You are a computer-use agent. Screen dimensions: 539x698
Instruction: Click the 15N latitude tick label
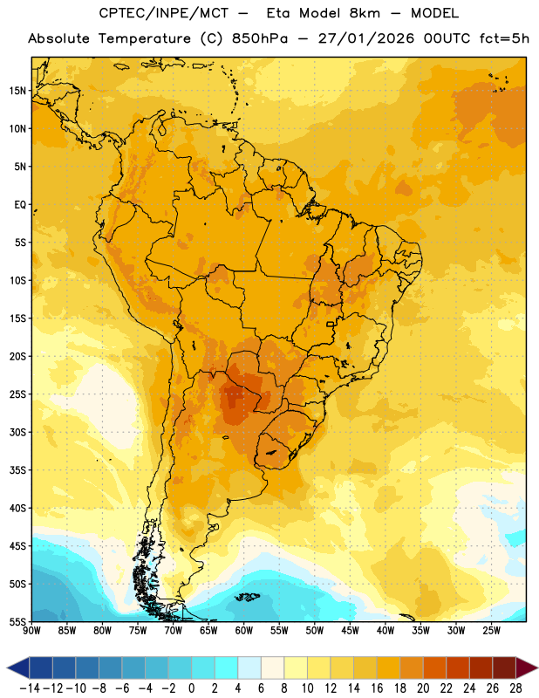[x=17, y=91]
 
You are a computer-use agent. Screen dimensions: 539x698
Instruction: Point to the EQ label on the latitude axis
[x=20, y=205]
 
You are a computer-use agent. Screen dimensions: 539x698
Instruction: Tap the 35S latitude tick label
[x=17, y=470]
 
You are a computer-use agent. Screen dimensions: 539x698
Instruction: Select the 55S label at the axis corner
[x=17, y=622]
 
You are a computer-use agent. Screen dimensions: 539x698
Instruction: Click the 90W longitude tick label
[x=31, y=631]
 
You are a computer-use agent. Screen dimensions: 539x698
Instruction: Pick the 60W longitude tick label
[x=244, y=631]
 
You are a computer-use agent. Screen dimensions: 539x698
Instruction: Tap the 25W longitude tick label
[x=492, y=631]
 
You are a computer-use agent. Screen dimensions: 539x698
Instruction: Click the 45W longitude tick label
[x=351, y=631]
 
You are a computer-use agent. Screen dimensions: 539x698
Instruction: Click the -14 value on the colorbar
[x=30, y=688]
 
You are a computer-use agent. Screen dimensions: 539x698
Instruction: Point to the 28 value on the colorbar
[x=515, y=688]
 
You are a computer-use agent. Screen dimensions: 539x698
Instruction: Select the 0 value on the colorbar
[x=191, y=688]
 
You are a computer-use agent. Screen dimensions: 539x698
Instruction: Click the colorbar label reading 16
[x=377, y=688]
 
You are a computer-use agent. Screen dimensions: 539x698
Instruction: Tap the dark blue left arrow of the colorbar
[x=18, y=667]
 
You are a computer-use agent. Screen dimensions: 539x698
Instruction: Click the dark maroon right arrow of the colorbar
[x=527, y=667]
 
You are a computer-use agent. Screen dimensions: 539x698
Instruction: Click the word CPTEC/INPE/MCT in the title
[x=163, y=13]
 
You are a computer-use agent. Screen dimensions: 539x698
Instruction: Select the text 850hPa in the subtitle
[x=260, y=38]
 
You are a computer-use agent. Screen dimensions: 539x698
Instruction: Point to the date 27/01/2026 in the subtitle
[x=365, y=38]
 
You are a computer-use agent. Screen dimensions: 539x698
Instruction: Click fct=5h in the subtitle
[x=504, y=38]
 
